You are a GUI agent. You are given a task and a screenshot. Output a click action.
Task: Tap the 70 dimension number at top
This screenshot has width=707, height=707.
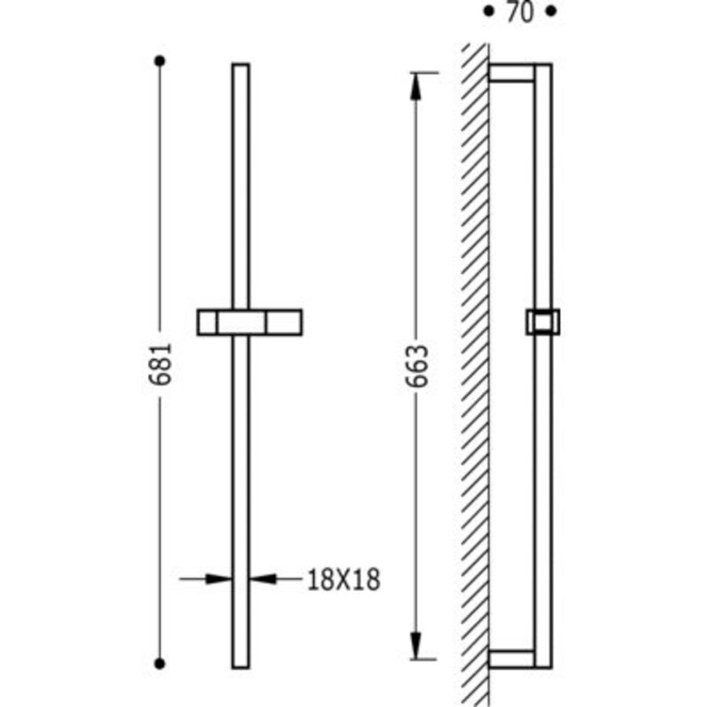point(518,13)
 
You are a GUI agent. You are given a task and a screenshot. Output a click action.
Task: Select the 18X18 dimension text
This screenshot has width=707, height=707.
point(343,580)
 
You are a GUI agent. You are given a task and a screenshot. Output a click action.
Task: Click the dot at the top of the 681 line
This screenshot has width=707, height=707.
point(160,60)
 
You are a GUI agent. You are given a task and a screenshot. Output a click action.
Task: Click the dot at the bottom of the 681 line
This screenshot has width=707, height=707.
point(160,664)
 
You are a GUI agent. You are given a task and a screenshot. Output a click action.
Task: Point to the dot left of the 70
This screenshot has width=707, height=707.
point(487,12)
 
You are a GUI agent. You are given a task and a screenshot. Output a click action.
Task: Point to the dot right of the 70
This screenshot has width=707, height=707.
point(551,12)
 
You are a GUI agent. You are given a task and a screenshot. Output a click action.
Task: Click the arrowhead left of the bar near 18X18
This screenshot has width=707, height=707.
point(218,579)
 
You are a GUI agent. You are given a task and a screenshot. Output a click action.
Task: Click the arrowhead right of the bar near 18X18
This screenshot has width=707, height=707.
point(264,579)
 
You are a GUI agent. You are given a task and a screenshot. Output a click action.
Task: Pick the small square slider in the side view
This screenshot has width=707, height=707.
point(542,322)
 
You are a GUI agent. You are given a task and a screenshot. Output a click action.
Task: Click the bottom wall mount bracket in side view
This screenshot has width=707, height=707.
point(511,658)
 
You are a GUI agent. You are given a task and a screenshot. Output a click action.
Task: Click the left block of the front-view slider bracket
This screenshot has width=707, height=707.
point(208,322)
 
